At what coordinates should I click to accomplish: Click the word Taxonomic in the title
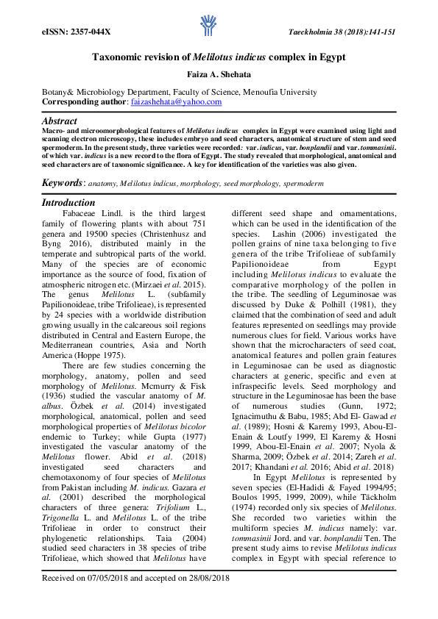click(117, 57)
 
